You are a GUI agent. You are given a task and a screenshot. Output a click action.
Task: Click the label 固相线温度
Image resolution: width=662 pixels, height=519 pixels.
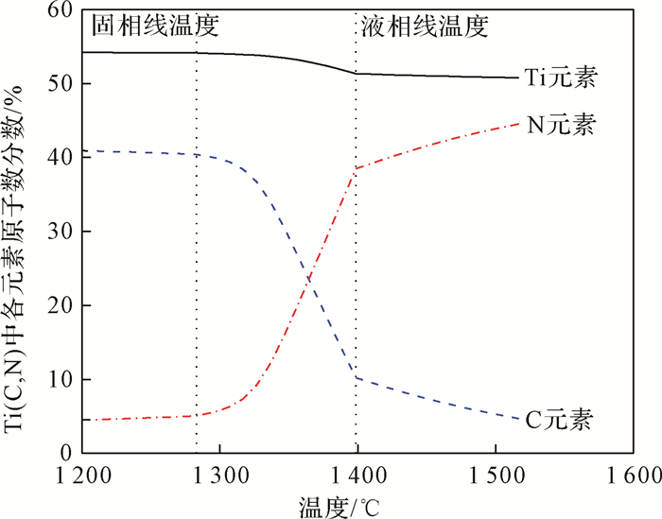156,27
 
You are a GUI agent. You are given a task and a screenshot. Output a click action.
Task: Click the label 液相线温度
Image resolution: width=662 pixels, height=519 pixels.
425,27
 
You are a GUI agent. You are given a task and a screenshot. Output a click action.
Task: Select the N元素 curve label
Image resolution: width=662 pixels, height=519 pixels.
561,126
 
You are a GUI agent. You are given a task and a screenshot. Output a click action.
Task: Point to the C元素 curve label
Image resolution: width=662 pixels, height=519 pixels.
561,419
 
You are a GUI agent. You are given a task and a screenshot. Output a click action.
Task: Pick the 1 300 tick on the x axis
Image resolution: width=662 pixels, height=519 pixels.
218,475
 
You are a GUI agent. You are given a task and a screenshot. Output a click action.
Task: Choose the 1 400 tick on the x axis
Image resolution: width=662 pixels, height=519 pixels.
357,475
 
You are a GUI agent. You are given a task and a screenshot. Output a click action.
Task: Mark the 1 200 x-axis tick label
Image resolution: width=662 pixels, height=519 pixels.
82,475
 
